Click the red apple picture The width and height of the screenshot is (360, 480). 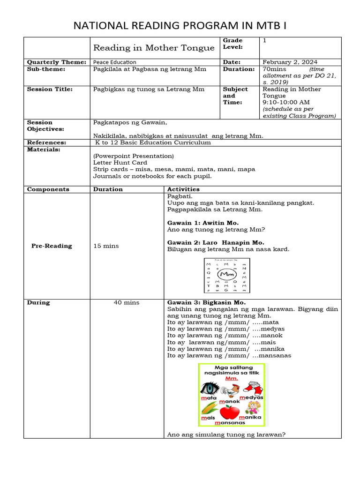(x=229, y=412)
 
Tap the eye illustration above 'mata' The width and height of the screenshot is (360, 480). (x=209, y=389)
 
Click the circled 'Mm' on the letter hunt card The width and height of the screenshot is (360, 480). (x=227, y=273)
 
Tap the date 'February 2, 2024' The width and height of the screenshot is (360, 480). (x=289, y=62)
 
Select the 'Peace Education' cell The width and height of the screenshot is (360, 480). (x=115, y=62)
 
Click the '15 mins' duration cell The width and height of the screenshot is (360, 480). (x=106, y=246)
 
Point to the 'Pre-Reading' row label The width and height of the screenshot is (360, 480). (x=52, y=246)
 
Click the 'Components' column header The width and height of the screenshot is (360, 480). (x=48, y=189)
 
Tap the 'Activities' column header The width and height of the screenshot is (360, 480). (x=183, y=189)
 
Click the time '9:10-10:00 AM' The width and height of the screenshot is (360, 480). (x=286, y=102)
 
